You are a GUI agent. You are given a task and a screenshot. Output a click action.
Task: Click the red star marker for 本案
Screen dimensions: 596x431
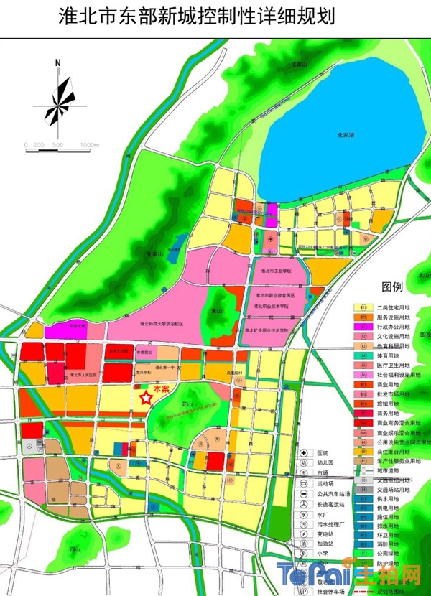(x=146, y=396)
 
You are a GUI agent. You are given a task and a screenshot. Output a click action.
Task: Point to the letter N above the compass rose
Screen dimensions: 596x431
(x=56, y=63)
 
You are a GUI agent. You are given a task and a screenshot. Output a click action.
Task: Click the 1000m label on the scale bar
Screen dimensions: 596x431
(x=89, y=145)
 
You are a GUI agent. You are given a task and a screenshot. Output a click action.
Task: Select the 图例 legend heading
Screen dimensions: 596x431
(x=393, y=287)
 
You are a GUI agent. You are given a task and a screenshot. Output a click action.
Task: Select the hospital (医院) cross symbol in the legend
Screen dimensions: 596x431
(x=305, y=453)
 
